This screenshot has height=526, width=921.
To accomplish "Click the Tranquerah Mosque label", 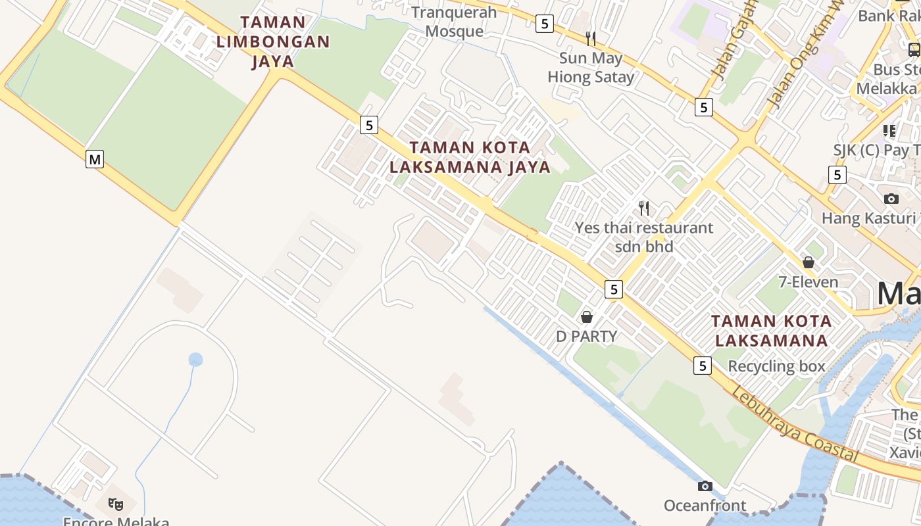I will click(454, 22).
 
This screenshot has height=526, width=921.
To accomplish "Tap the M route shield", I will click(95, 158).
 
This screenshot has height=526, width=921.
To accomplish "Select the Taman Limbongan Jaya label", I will click(272, 41).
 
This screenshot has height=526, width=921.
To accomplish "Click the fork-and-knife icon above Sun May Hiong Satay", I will click(591, 38).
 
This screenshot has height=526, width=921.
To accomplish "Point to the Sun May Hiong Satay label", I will click(591, 67).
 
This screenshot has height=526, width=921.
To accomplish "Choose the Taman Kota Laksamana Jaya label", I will click(470, 156).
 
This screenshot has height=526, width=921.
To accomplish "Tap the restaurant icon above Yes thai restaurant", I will click(644, 208).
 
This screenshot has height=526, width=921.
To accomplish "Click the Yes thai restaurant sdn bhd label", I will click(644, 237).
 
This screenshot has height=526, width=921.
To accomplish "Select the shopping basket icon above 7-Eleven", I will click(809, 262).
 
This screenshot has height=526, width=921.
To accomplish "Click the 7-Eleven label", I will click(809, 282).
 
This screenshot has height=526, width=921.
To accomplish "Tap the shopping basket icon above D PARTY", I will click(587, 317).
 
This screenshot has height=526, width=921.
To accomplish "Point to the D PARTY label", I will click(587, 336).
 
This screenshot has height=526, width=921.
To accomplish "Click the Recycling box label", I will click(776, 366).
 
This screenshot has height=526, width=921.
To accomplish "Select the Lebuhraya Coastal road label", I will click(795, 425).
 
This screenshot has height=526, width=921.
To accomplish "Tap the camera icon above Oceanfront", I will click(705, 486).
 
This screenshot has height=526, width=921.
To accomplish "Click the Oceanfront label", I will click(705, 505).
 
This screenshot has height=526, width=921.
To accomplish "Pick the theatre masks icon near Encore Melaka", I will click(116, 504).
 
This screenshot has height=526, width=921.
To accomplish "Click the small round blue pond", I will click(195, 360).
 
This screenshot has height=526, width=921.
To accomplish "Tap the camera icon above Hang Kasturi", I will click(891, 199).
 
